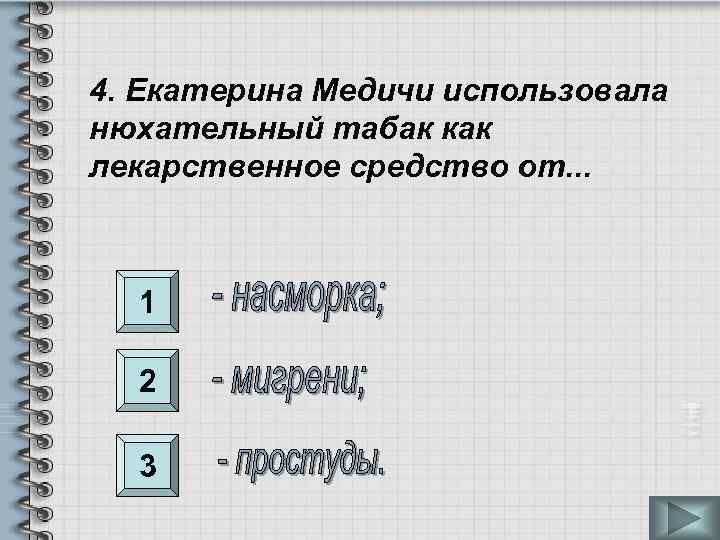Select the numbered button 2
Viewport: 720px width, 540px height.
pos(147,380)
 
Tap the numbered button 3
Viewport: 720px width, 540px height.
pos(147,465)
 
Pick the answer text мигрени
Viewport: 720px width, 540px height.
pos(290,380)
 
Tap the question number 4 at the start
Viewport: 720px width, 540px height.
pos(101,93)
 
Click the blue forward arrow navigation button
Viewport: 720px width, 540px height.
pos(683,519)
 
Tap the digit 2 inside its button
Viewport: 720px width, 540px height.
pos(147,380)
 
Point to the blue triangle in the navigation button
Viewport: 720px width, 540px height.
pos(684,519)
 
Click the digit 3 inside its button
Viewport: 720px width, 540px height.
pos(147,465)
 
